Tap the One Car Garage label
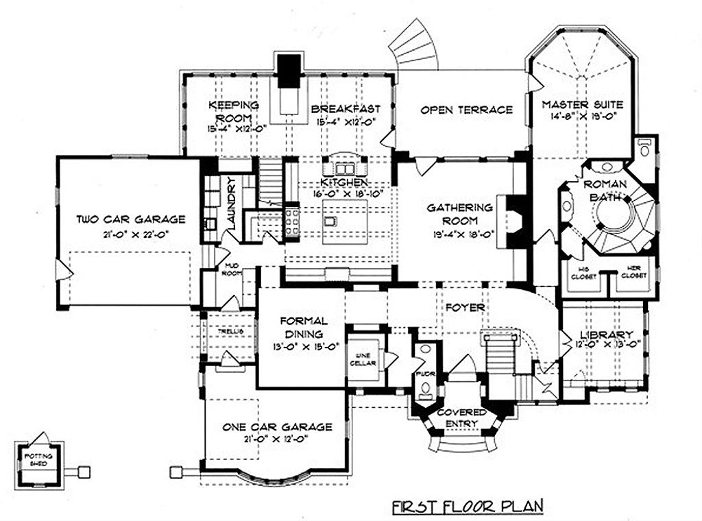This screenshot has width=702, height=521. tap(277, 427)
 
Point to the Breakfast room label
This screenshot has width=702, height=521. tap(344, 109)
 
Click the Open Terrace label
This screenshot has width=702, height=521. tap(466, 110)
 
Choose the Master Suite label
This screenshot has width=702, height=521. tap(582, 105)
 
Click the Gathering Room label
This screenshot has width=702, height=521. tap(459, 214)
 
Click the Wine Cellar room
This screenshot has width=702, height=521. tap(364, 359)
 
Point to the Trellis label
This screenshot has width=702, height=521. tap(226, 331)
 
